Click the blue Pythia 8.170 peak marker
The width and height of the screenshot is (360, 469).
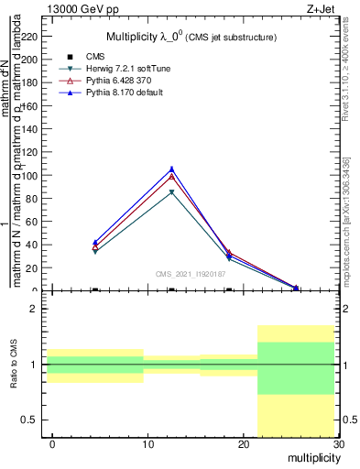click(171, 169)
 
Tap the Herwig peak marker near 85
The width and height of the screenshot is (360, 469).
click(171, 192)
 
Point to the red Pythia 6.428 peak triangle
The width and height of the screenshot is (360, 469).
click(171, 175)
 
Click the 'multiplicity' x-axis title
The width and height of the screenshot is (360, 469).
click(312, 457)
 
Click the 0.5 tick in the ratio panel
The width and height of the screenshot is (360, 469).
click(33, 420)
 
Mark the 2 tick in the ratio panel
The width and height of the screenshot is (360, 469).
click(38, 309)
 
